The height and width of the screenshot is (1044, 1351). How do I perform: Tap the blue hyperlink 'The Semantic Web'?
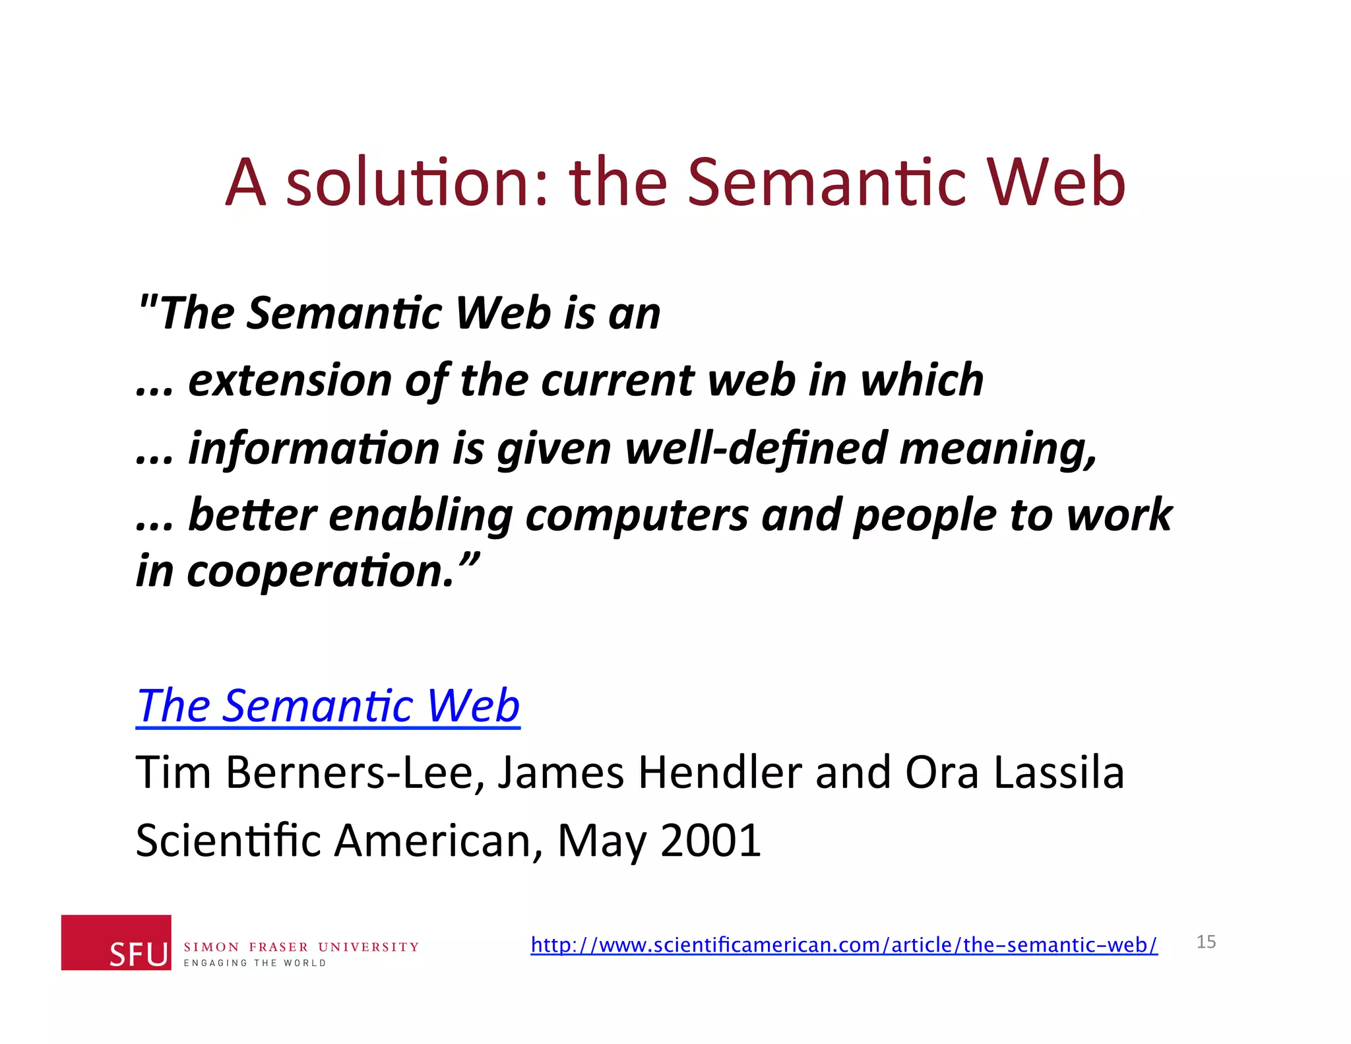click(328, 705)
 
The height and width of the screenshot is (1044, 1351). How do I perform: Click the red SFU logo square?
click(116, 942)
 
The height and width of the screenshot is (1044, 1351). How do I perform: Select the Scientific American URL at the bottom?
click(844, 944)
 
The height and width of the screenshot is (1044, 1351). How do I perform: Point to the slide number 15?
click(1206, 942)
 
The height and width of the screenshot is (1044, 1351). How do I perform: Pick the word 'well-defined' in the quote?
click(755, 448)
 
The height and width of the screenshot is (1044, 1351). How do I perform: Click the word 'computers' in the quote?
click(637, 515)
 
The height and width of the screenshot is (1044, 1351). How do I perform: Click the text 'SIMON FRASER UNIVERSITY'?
click(301, 947)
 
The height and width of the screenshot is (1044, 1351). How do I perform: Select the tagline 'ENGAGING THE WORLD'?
click(255, 963)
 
